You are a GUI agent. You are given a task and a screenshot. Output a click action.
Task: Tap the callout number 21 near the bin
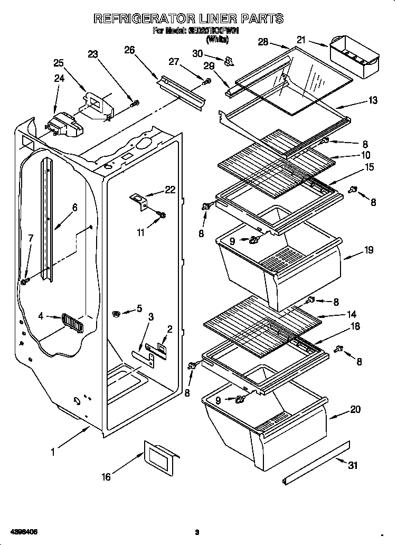tap(301, 39)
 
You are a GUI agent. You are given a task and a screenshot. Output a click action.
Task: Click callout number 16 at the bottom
tap(106, 477)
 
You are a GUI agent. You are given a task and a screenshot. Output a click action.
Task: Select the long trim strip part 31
tap(316, 463)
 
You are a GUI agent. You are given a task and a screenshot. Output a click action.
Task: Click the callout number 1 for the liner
tap(53, 452)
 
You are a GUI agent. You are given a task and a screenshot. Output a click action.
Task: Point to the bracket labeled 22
tap(139, 201)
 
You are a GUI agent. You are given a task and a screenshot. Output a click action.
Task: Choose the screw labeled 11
tap(162, 214)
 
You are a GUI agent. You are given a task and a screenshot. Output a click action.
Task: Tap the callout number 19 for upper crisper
tap(369, 250)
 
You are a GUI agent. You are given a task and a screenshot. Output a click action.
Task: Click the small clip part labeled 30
tap(228, 62)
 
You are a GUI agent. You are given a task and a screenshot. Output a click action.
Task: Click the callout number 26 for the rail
tap(129, 50)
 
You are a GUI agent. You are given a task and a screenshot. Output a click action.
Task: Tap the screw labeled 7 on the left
tap(24, 282)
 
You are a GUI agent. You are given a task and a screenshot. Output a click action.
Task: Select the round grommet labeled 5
tap(117, 314)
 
